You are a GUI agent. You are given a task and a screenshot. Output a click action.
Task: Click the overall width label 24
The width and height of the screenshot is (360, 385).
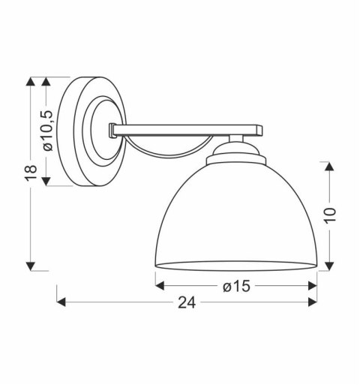click(x=187, y=303)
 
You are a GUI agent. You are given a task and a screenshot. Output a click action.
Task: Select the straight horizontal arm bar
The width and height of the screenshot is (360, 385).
click(x=187, y=129)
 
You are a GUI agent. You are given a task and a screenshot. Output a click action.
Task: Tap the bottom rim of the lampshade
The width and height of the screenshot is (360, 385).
click(x=235, y=266)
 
